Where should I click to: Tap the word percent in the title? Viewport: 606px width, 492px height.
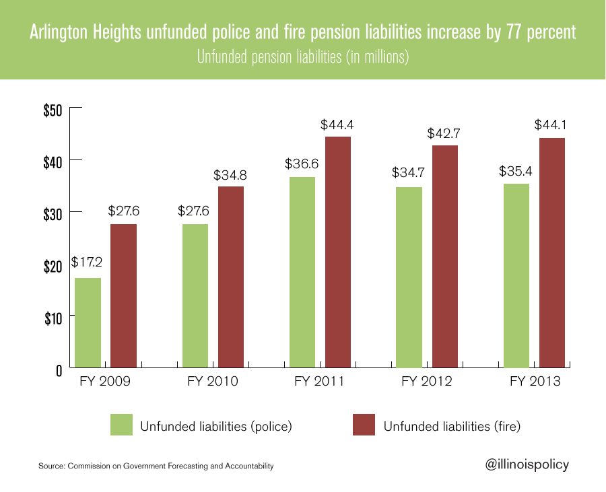(554, 33)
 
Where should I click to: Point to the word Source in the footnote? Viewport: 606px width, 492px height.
(50, 466)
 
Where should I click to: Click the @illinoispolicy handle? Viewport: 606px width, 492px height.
(527, 464)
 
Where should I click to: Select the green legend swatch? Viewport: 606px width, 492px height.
(121, 425)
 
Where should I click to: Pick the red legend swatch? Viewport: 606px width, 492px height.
(364, 425)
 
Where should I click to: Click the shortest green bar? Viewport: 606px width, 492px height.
(88, 322)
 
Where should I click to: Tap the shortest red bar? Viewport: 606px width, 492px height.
(124, 295)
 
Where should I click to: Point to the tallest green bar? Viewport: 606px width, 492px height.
(302, 272)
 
